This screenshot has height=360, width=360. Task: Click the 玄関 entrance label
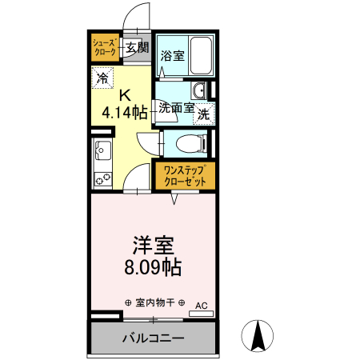click(137, 47)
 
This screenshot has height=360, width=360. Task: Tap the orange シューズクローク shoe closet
click(105, 46)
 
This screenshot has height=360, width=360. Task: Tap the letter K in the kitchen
click(124, 94)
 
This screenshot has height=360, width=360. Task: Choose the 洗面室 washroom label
click(175, 106)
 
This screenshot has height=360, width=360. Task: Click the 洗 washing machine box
click(204, 113)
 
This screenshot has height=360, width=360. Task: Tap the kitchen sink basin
click(102, 149)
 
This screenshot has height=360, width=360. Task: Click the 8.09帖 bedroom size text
click(153, 267)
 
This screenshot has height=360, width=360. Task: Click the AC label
click(201, 305)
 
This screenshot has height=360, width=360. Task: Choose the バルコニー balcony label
click(153, 337)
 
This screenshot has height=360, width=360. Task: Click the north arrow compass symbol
click(259, 335)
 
